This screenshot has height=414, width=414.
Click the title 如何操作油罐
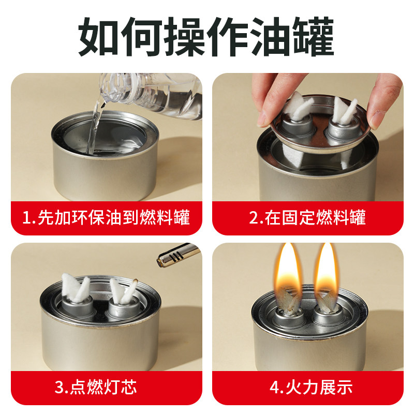pos(207,37)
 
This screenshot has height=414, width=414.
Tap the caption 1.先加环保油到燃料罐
pos(106,217)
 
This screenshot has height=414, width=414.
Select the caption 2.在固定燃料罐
pos(307,217)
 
